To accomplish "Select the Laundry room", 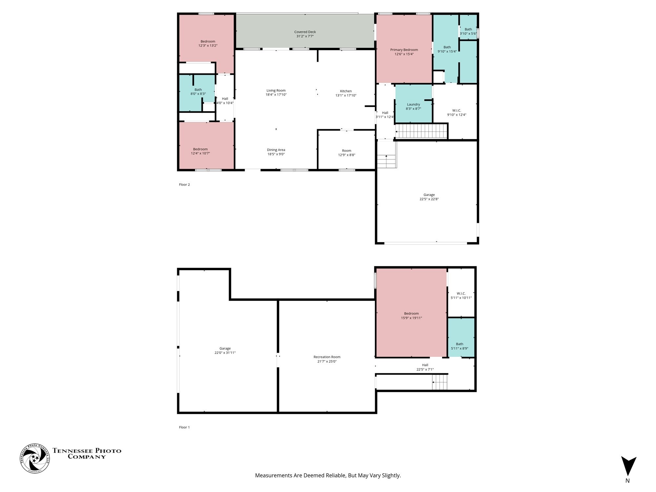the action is click(x=414, y=104).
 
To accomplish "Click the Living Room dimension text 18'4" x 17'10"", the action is click(x=276, y=95).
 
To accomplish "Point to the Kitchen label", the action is click(x=346, y=91).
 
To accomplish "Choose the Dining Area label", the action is click(x=276, y=150).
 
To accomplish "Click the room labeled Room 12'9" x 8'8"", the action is click(x=346, y=150).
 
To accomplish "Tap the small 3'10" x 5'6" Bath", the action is click(x=468, y=27).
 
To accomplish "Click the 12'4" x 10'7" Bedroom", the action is click(x=207, y=146).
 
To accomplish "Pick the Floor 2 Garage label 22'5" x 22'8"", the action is click(x=429, y=197).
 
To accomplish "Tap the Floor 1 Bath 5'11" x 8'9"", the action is click(x=461, y=338).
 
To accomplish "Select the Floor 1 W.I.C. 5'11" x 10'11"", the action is click(x=461, y=293).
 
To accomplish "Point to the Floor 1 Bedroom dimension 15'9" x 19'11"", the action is click(x=411, y=318).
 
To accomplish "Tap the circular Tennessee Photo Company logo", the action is click(x=35, y=458).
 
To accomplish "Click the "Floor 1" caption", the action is click(x=184, y=427).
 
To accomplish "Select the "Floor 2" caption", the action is click(x=184, y=185).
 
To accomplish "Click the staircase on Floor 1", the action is click(x=440, y=382).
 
